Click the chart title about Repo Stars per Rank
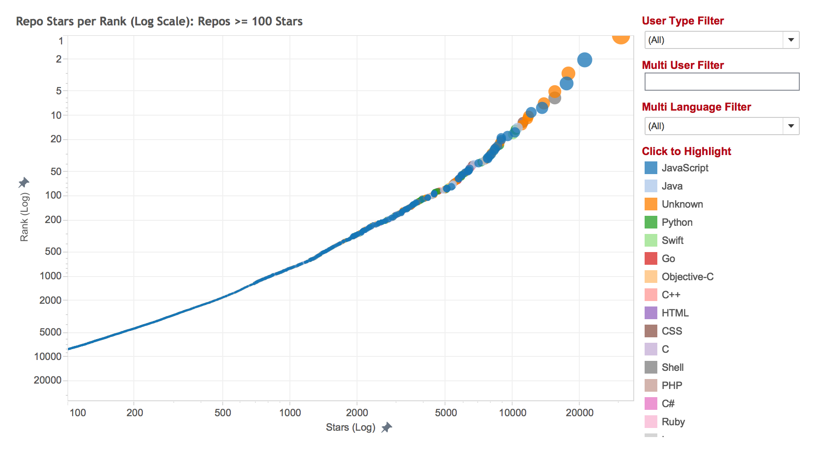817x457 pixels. (159, 21)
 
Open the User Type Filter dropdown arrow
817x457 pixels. (791, 40)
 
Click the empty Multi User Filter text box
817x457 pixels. (721, 82)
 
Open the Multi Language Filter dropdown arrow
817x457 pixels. (791, 126)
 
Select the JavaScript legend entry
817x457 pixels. (685, 168)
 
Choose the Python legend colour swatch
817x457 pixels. (651, 222)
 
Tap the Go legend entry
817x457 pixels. (668, 258)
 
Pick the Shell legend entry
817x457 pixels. (672, 367)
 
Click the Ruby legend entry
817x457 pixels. (673, 422)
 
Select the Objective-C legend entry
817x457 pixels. (687, 277)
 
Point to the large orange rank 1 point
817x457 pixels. (620, 37)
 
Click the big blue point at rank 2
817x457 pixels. (585, 60)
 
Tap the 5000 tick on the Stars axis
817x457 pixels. (446, 413)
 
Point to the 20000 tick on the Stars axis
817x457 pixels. (579, 413)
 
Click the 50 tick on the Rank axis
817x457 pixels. (56, 171)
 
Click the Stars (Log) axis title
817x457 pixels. (350, 427)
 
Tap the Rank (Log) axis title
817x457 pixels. (24, 217)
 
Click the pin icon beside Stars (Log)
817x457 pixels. (386, 427)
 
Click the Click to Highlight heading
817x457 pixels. (686, 151)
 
